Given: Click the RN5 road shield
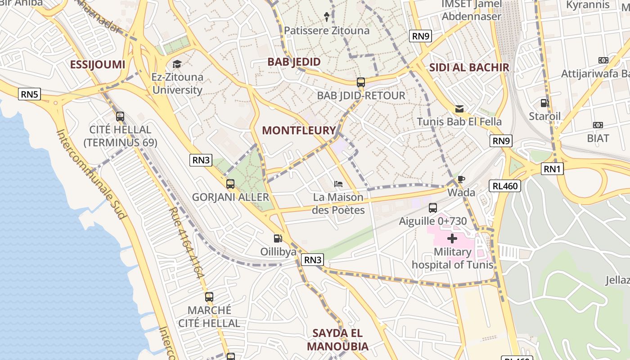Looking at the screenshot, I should (30, 94).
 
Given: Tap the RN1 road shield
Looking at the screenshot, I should (553, 169).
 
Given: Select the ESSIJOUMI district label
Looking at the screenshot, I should (97, 64).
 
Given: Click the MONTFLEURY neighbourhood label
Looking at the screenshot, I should (299, 130).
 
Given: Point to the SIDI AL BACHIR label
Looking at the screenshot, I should (469, 67).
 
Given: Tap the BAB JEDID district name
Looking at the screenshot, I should (294, 62).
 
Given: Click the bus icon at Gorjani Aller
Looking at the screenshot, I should (230, 184).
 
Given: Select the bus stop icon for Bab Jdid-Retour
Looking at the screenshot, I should (361, 82).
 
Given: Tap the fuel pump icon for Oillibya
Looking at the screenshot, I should (278, 238).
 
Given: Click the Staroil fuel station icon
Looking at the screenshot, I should (544, 103).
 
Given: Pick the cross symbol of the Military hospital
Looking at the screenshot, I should (452, 238).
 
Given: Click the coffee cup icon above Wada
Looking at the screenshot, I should (461, 179).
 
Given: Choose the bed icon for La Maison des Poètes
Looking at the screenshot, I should (338, 184).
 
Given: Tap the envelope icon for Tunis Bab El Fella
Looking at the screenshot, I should (459, 108).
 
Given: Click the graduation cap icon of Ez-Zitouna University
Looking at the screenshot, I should (177, 64).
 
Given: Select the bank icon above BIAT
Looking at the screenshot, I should (598, 125).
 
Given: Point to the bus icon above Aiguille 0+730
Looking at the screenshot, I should (432, 208).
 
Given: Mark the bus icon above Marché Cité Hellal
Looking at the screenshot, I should (209, 297).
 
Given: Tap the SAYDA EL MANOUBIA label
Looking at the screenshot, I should (337, 340).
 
